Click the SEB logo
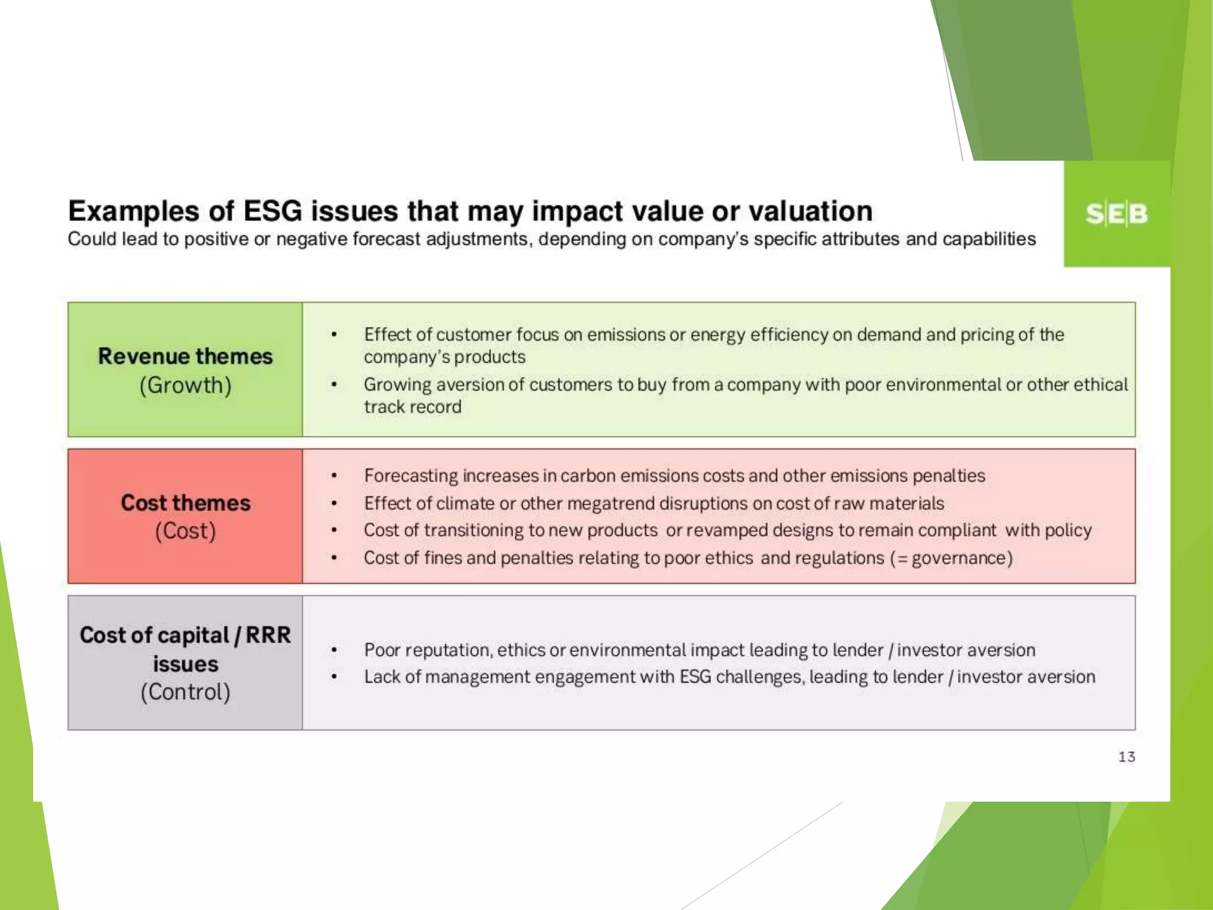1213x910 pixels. pyautogui.click(x=1116, y=214)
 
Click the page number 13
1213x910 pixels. pyautogui.click(x=1126, y=757)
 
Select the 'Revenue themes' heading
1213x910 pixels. pyautogui.click(x=185, y=356)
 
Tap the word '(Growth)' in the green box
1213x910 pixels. pyautogui.click(x=185, y=386)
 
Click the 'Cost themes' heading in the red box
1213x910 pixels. pyautogui.click(x=185, y=502)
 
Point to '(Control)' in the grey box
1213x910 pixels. pyautogui.click(x=185, y=692)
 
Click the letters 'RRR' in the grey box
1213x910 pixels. pyautogui.click(x=268, y=635)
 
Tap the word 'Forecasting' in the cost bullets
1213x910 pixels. pyautogui.click(x=411, y=476)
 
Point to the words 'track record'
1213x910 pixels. pyautogui.click(x=412, y=407)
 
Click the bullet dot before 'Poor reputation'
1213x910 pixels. pyautogui.click(x=334, y=651)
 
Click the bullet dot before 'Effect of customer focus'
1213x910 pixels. pyautogui.click(x=334, y=335)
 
